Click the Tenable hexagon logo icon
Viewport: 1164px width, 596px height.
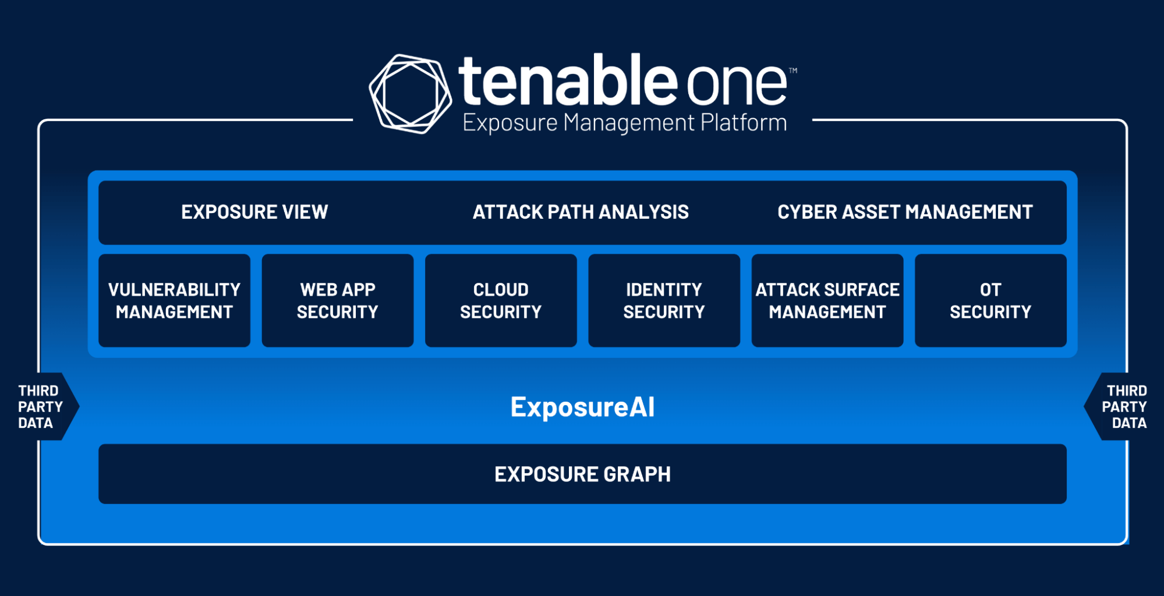coord(410,94)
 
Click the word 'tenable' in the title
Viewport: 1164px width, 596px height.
coord(567,81)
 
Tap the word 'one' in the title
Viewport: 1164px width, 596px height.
coord(737,85)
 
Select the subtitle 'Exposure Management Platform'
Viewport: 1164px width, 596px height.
coord(624,123)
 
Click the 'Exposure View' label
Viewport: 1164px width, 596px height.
coord(254,212)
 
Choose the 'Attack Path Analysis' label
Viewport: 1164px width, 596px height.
coord(581,212)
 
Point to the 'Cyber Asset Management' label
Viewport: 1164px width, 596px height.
coord(905,212)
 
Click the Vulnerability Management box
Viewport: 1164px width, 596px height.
coord(174,300)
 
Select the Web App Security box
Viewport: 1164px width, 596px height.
coord(338,300)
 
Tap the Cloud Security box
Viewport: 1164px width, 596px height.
coord(501,300)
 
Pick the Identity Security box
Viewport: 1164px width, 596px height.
coord(664,300)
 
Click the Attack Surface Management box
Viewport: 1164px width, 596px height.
coord(827,300)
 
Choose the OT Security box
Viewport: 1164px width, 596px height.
coord(990,300)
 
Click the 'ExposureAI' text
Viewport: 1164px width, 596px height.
coord(582,407)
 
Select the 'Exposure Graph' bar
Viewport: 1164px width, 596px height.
coord(582,474)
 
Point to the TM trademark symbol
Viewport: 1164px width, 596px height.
coord(793,71)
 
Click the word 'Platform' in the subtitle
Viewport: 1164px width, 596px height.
coord(744,123)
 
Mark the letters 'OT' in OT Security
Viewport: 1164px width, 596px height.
coord(990,289)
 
